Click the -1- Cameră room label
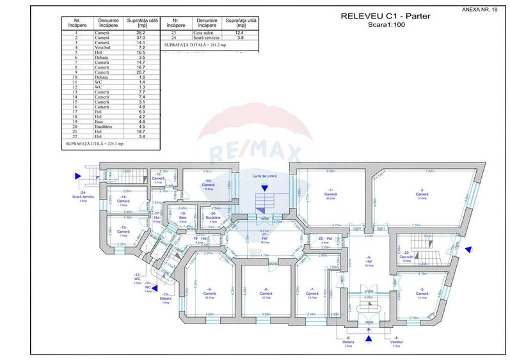tap(330, 193)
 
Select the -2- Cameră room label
tap(422, 193)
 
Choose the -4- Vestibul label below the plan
tap(396, 342)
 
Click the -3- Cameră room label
tap(422, 293)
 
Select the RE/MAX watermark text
tap(255, 153)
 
